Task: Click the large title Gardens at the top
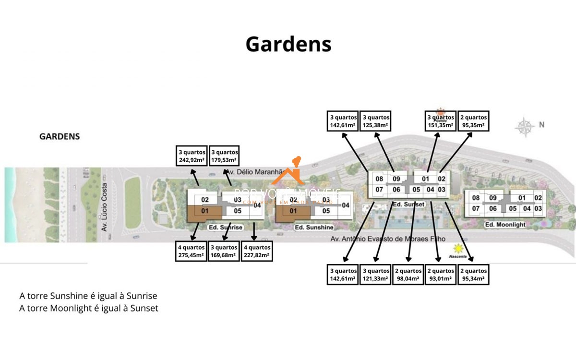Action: (x=288, y=44)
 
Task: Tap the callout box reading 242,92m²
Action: (x=192, y=156)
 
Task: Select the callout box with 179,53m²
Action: (x=224, y=156)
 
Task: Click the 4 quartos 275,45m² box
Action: (x=192, y=252)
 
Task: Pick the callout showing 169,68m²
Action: (x=224, y=252)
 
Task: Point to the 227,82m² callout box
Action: (x=257, y=252)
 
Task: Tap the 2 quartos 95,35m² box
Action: (x=473, y=121)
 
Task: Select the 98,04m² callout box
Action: (x=408, y=275)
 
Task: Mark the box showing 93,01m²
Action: (x=441, y=275)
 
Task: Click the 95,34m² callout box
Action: (x=473, y=275)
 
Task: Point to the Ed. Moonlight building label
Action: (x=505, y=225)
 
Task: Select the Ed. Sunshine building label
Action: (x=313, y=227)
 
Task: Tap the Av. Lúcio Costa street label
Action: (x=104, y=207)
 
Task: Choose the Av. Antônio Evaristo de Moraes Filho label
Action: (x=388, y=239)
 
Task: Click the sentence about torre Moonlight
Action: (x=89, y=308)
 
